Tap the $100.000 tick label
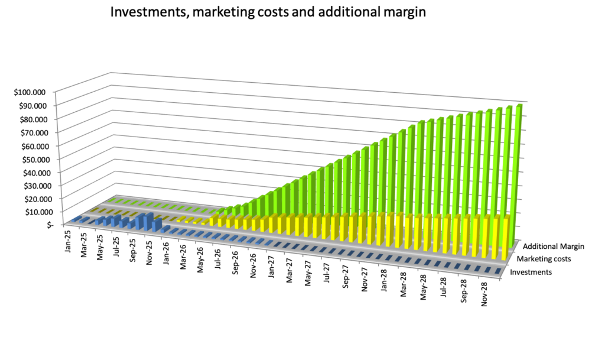(32, 92)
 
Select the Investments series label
(531, 272)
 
